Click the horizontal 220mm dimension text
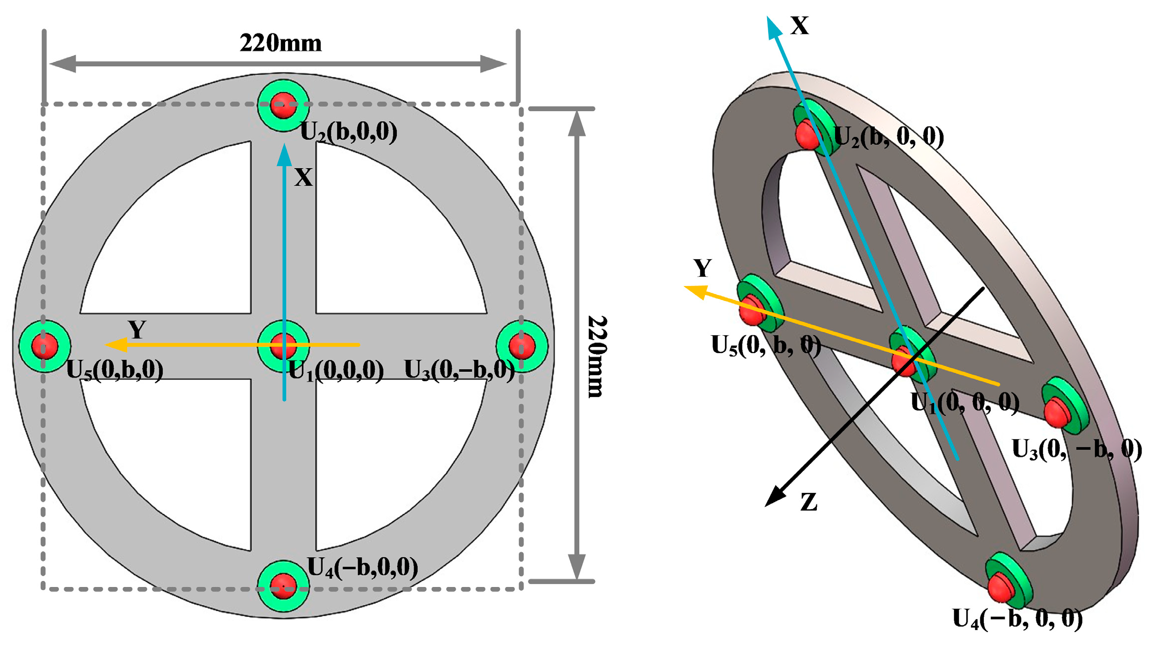[281, 44]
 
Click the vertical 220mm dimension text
[596, 356]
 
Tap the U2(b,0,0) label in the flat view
[349, 132]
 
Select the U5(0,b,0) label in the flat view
[115, 370]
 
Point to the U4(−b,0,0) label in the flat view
[363, 567]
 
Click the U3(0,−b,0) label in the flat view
[459, 370]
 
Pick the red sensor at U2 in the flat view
[283, 105]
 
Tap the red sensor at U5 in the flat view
[45, 346]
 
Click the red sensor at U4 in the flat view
[283, 586]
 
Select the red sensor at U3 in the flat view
[522, 346]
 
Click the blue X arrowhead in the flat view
[284, 155]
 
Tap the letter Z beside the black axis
[809, 503]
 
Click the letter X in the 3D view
[799, 26]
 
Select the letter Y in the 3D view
[702, 268]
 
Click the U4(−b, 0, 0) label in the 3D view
[1017, 619]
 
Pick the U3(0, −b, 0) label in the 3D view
[1077, 450]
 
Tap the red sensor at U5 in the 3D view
[751, 310]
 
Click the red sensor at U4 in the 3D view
[1001, 588]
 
